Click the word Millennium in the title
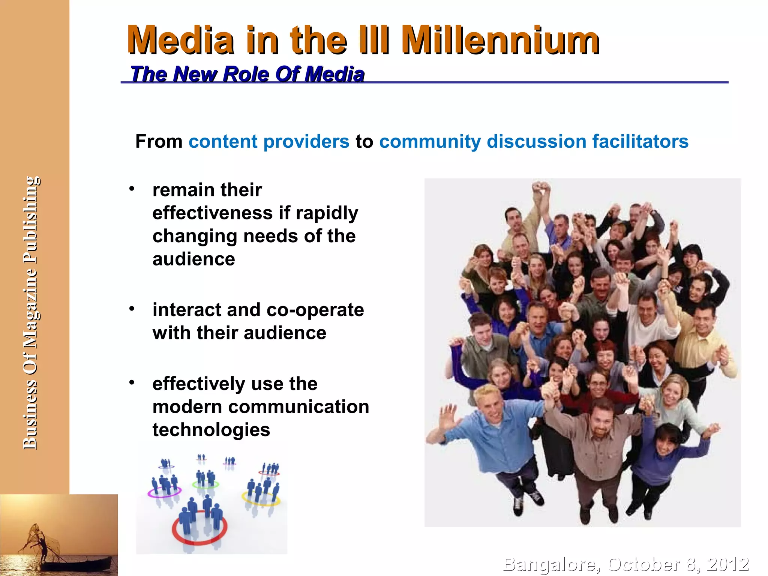click(500, 40)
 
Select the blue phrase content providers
click(269, 142)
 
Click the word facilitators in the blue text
click(640, 142)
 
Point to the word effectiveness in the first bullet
click(212, 213)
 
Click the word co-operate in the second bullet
click(315, 310)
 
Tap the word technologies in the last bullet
click(211, 430)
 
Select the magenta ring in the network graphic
click(164, 492)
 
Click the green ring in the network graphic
click(205, 484)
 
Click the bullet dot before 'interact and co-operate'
click(132, 309)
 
